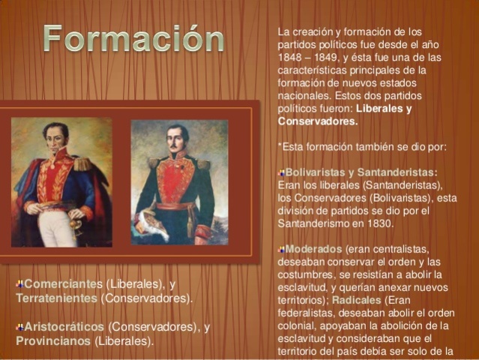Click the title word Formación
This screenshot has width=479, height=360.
(x=133, y=40)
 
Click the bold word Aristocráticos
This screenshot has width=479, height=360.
(x=65, y=327)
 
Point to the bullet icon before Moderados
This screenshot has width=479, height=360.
(x=281, y=248)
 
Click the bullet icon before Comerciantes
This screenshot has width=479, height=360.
(x=19, y=284)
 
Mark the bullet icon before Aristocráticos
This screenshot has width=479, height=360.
(x=19, y=327)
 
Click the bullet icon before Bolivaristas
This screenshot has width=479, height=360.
(x=281, y=172)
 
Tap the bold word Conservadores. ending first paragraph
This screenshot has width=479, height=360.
(x=318, y=121)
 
